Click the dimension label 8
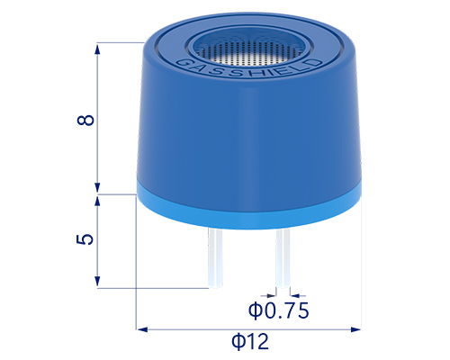coord(85,120)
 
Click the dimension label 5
coord(85,239)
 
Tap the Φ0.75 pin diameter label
coord(278,310)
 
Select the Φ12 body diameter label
coord(250,341)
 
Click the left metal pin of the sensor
coord(216,257)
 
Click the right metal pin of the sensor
coord(283,258)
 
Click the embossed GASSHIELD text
coord(248,69)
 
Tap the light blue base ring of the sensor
coord(249,210)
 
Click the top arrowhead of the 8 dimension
coord(97,48)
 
